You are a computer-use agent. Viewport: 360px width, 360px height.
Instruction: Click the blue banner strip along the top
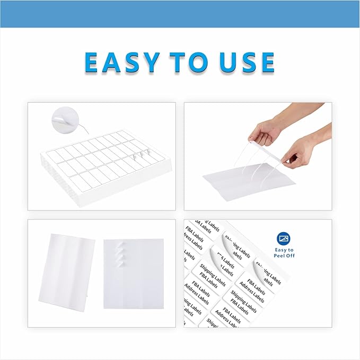[180, 14]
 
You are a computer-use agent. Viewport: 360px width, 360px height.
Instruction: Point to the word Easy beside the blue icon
[280, 250]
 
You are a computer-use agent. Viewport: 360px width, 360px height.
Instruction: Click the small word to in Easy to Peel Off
[291, 250]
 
